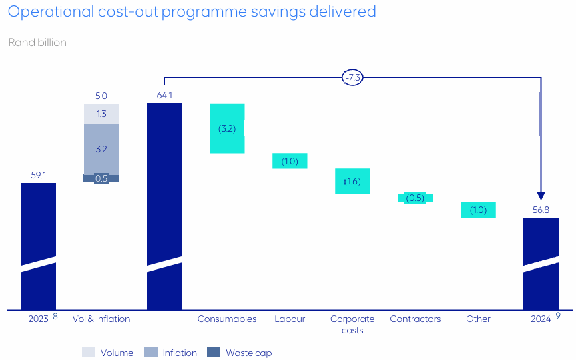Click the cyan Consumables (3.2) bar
coord(227,128)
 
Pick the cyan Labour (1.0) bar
coord(290,161)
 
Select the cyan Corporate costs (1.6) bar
coord(352,181)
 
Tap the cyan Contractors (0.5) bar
coord(415,198)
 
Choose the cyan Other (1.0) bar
coord(478,210)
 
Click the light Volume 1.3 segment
coord(101,114)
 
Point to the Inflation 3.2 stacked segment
coord(101,149)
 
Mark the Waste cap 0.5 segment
coord(101,178)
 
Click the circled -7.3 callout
coord(352,77)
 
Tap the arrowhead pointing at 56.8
coord(541,196)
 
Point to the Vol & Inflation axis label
coord(101,319)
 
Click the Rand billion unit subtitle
coord(37,43)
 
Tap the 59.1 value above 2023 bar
coord(38,175)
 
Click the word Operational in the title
coord(50,11)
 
